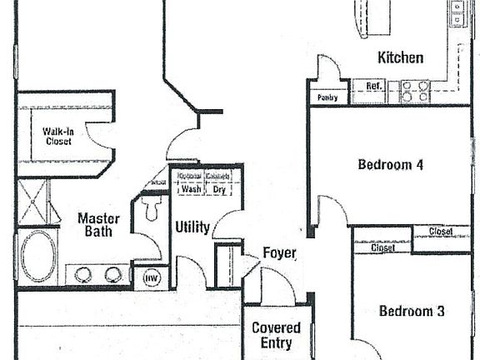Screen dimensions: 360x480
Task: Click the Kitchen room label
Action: point(401,57)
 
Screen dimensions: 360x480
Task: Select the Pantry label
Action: point(327,97)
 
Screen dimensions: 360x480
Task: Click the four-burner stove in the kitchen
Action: point(414,91)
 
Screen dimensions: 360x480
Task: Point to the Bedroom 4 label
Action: point(390,164)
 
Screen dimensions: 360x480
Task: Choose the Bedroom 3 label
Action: point(412,311)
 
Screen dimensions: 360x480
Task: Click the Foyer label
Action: point(279,252)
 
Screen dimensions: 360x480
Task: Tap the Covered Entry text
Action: point(276,335)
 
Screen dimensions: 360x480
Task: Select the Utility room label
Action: point(192,227)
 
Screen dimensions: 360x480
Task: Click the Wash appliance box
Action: point(192,189)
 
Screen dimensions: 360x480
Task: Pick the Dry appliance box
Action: point(219,189)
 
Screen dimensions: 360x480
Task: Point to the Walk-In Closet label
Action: point(58,136)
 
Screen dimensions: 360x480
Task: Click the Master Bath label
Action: point(98,225)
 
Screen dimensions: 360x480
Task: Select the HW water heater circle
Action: point(151,278)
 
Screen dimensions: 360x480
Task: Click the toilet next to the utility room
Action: point(151,209)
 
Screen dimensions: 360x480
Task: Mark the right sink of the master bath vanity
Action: point(112,274)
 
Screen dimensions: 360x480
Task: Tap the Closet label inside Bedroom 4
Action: point(441,232)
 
